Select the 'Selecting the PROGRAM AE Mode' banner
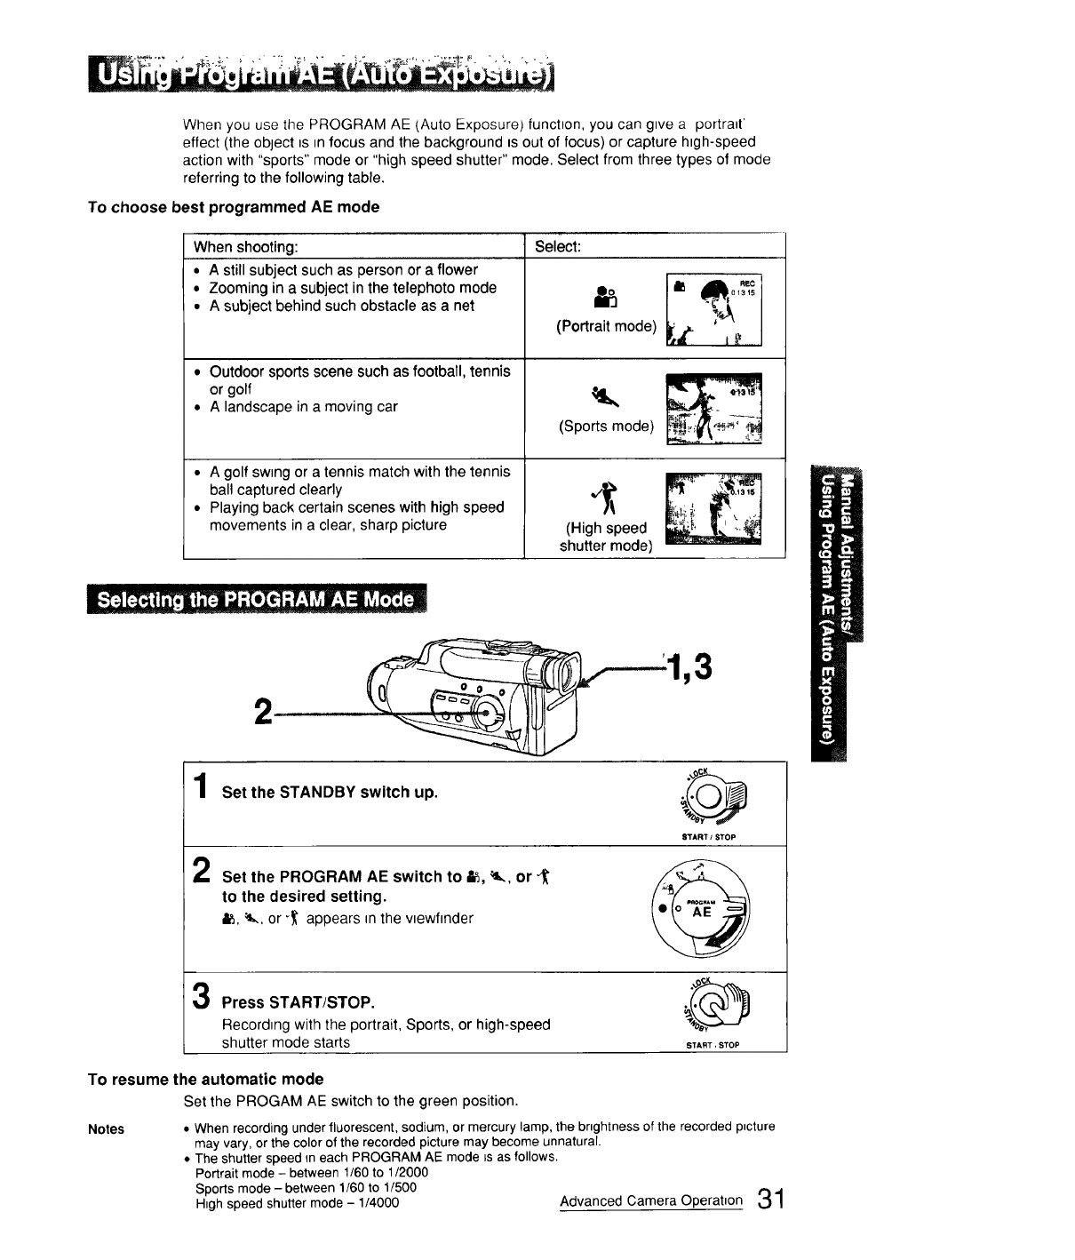(257, 600)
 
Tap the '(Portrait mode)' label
(606, 326)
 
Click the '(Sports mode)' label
(606, 427)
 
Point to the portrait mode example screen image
(713, 309)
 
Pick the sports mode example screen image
(713, 410)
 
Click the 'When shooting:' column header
(246, 246)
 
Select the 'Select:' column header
(558, 246)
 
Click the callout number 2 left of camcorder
(262, 712)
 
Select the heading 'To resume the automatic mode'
(205, 1080)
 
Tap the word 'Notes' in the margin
(106, 1129)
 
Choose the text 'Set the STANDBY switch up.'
(330, 793)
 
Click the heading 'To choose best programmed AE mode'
(234, 207)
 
